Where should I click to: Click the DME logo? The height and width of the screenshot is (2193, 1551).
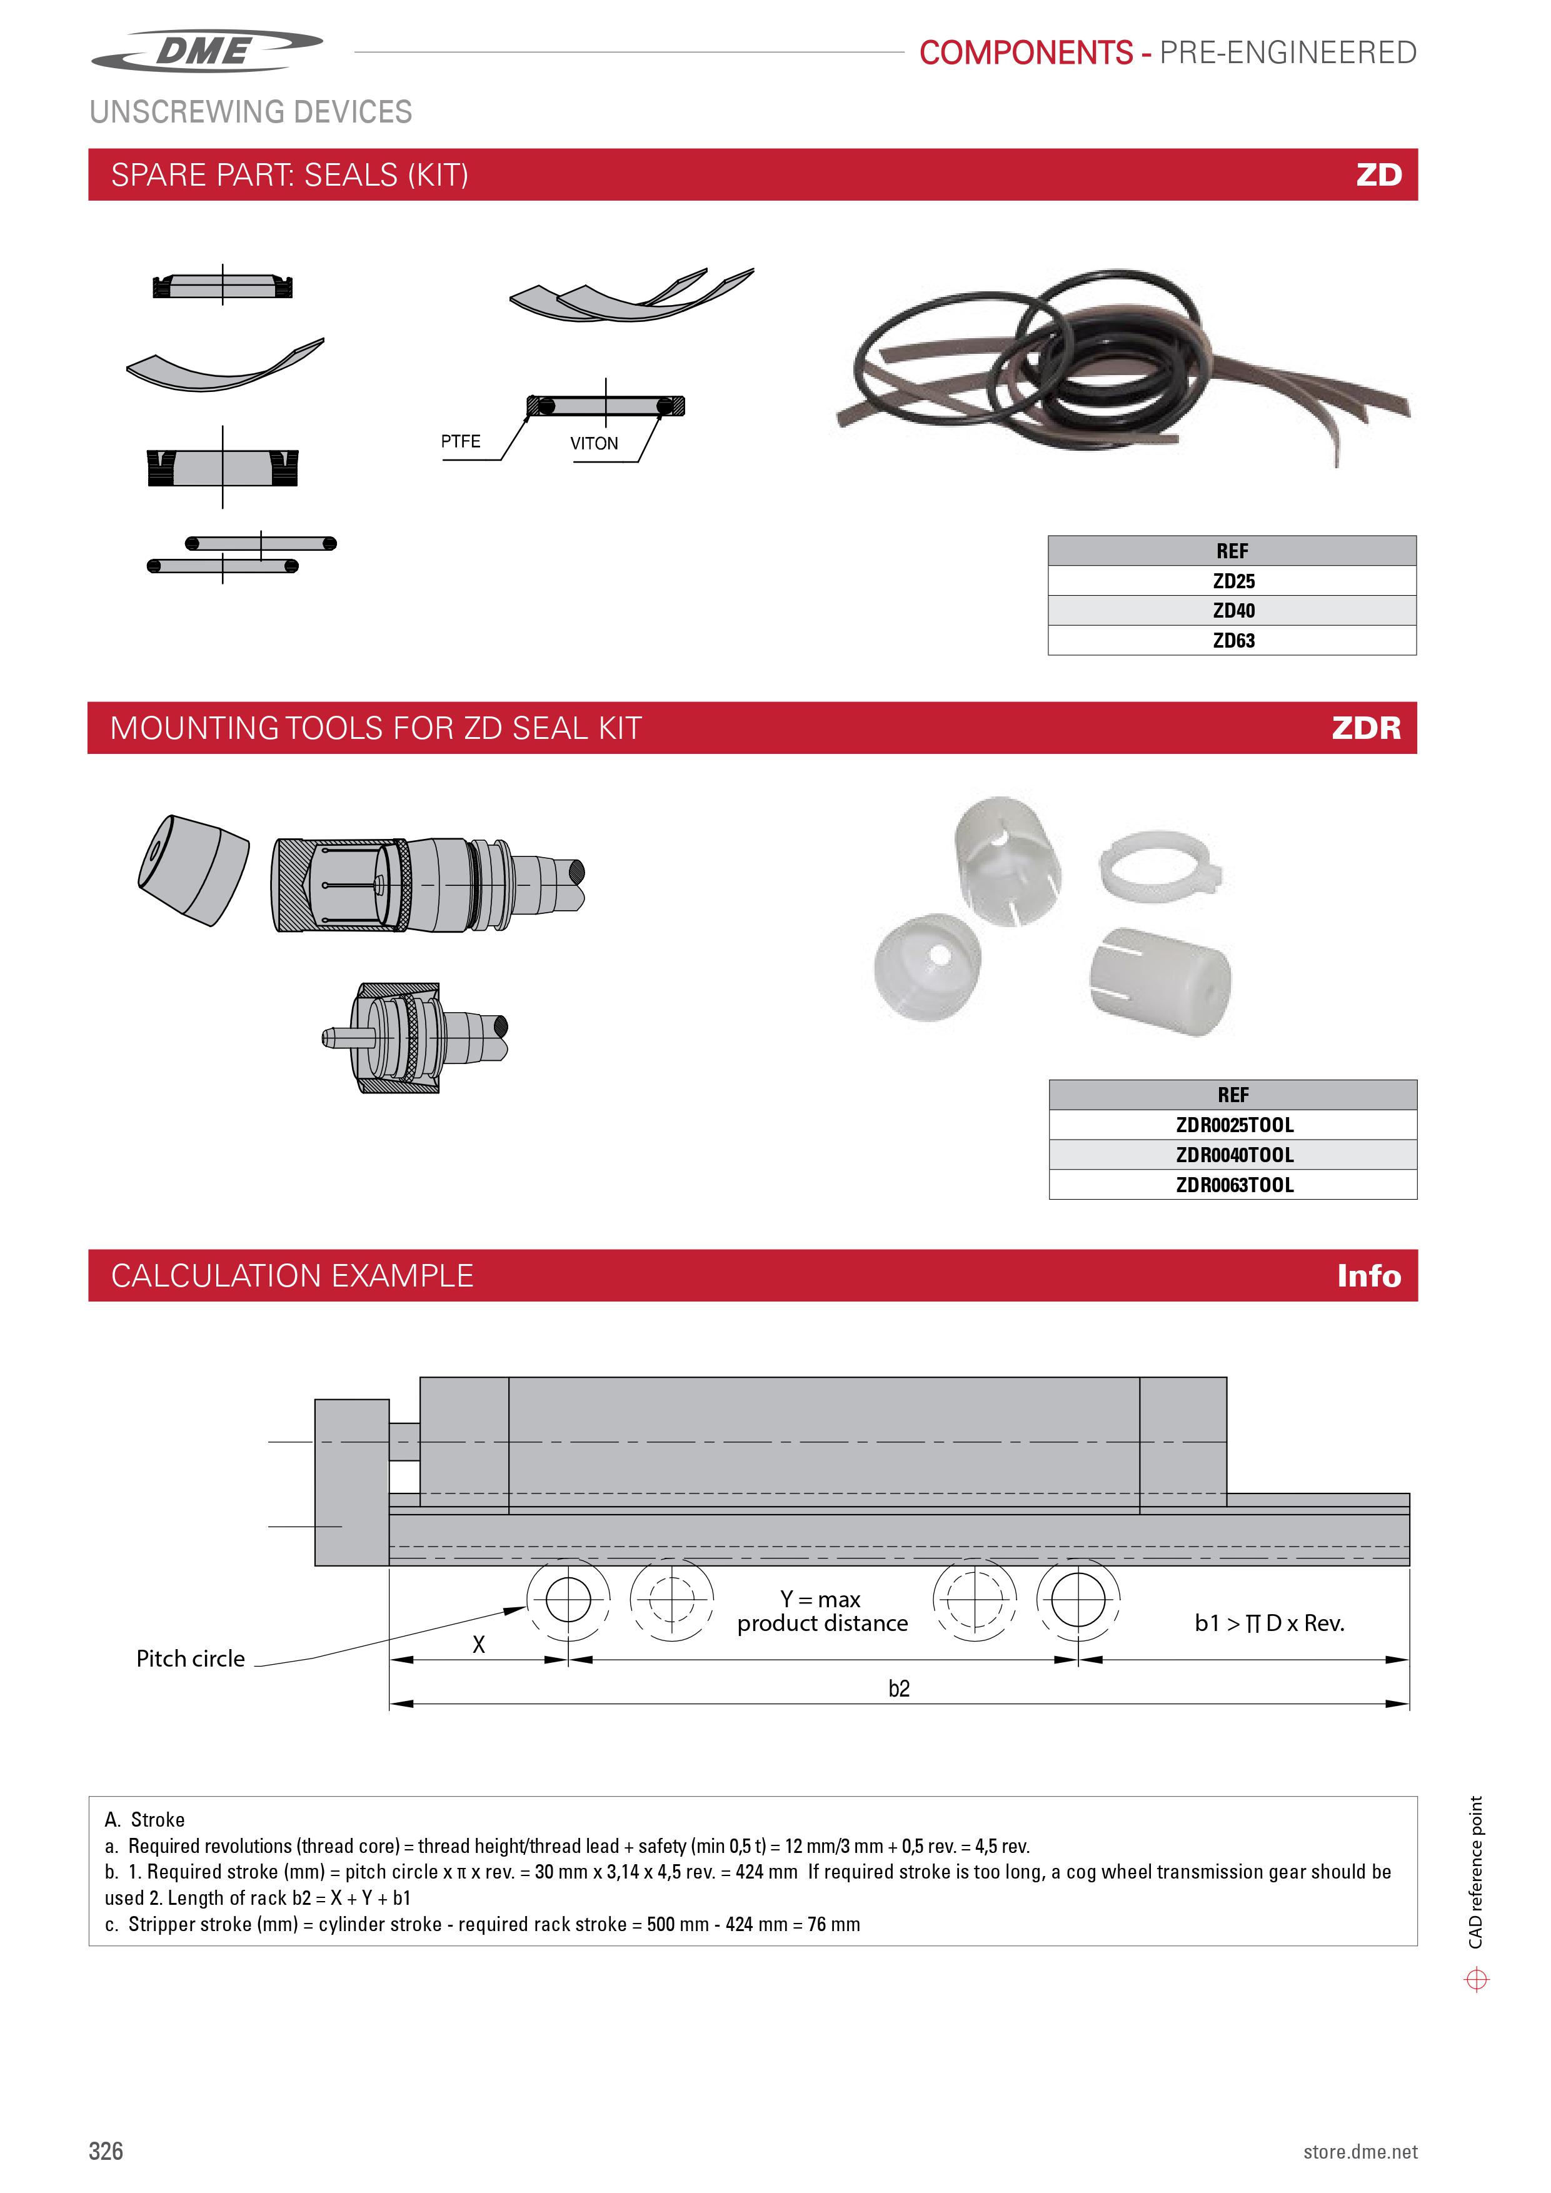(x=208, y=51)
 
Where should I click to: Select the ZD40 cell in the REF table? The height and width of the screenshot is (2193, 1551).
(x=1232, y=610)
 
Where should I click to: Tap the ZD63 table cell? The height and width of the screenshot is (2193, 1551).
(x=1232, y=640)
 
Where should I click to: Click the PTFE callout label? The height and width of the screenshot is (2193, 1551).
(x=460, y=441)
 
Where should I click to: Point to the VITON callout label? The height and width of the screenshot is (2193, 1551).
(x=594, y=443)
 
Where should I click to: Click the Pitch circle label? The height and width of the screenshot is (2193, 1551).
(x=190, y=1658)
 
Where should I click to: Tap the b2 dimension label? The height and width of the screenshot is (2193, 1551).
(x=899, y=1688)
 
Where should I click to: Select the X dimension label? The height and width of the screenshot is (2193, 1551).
(x=478, y=1643)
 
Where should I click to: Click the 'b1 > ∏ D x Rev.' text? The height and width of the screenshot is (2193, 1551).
(x=1269, y=1623)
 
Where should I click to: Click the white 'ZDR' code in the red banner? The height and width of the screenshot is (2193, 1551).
(x=1366, y=728)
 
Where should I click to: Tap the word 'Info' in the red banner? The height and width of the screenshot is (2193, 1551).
(x=1368, y=1275)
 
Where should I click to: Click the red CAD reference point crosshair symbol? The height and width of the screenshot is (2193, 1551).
(x=1477, y=1979)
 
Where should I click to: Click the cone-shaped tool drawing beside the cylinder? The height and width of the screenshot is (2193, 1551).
(x=194, y=868)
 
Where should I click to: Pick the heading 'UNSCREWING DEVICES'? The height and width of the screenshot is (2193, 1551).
(x=250, y=112)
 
